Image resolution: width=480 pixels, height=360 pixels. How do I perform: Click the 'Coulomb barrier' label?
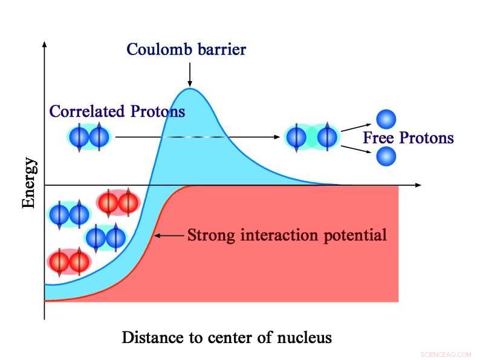186,49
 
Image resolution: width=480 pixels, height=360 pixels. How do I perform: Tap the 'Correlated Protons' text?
117,111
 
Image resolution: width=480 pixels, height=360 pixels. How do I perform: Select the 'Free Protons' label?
408,138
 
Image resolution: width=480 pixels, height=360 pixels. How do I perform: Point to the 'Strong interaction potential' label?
287,234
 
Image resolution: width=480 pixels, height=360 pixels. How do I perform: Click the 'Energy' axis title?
29,183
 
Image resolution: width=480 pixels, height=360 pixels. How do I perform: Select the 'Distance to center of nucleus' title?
227,337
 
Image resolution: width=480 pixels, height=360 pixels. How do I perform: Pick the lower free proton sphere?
386,157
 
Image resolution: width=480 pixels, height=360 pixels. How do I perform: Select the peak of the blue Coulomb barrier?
190,90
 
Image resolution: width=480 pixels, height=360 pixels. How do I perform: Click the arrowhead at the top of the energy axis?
44,46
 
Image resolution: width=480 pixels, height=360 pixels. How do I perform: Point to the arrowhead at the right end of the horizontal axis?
418,184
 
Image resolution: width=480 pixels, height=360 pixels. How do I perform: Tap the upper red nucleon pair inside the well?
118,203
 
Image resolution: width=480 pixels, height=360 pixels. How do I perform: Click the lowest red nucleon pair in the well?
69,261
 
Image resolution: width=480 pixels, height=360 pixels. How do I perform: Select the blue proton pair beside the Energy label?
69,215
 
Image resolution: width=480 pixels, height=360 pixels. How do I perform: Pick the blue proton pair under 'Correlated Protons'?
89,137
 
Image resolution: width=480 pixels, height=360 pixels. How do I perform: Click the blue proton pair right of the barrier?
311,137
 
